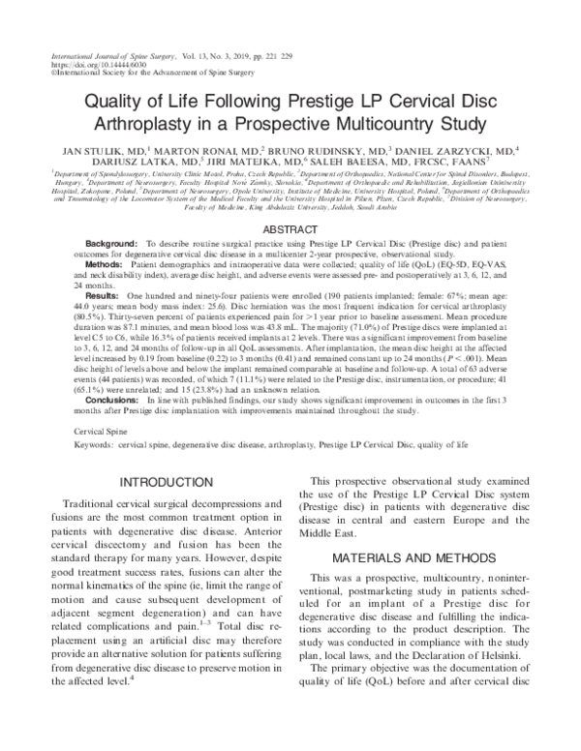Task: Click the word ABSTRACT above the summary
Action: [x=290, y=229]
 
